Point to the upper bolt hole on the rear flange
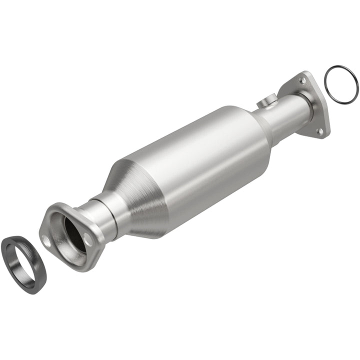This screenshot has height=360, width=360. pyautogui.click(x=301, y=80)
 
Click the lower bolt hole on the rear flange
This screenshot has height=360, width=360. pyautogui.click(x=320, y=131)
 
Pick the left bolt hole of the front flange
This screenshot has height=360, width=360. pyautogui.click(x=46, y=241)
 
